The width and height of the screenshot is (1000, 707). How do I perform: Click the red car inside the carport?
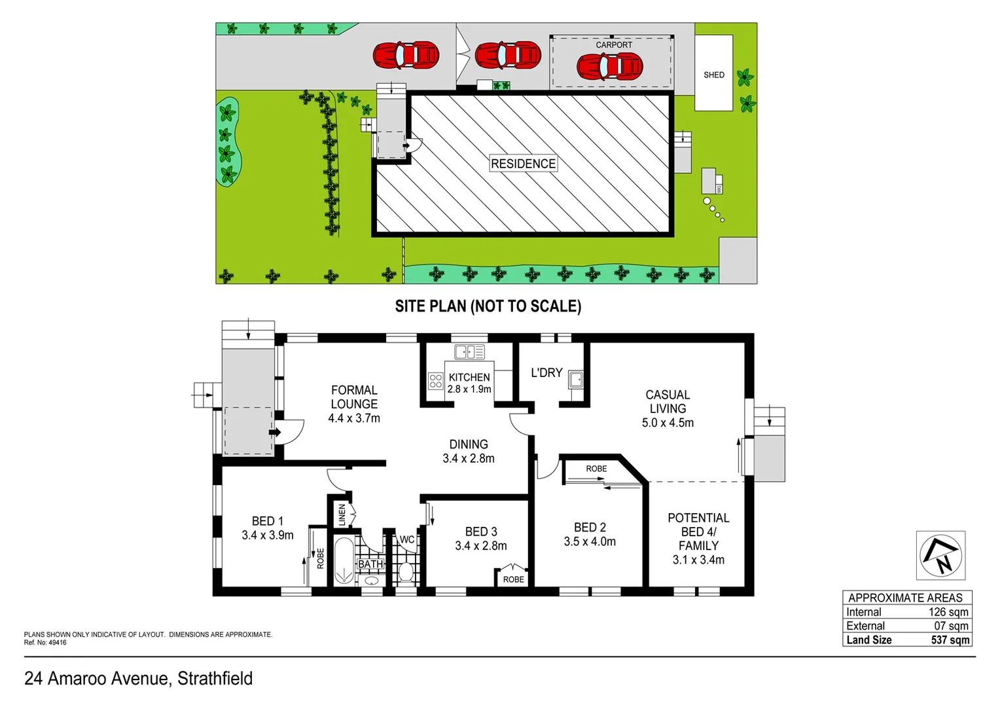coord(610,66)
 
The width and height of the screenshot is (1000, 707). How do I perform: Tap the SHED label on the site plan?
coord(713,75)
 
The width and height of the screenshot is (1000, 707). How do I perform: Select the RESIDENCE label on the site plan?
coord(523,164)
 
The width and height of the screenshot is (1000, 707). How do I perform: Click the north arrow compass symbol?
coord(940,556)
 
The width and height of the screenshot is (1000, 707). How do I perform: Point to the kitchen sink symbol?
coord(469,352)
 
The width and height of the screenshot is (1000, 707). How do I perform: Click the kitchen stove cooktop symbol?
coord(436,381)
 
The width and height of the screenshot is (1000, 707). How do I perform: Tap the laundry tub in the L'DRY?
coord(576,380)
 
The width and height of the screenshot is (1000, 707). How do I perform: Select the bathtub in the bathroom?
coord(344,561)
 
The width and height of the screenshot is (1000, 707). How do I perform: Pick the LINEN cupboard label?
coord(342,515)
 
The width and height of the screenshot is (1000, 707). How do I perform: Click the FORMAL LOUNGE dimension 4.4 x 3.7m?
coord(354,418)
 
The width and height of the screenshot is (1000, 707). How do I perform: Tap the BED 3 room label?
coord(481,532)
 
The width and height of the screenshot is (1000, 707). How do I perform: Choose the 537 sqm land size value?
coord(950,640)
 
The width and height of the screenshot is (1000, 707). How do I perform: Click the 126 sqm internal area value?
coord(948,612)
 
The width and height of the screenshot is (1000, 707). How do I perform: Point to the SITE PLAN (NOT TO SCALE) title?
coord(488,306)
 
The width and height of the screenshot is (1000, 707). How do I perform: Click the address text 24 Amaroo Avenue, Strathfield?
coord(138,679)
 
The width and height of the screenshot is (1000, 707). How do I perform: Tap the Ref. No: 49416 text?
coord(45,643)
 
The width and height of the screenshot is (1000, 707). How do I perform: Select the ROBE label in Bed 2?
coord(596,469)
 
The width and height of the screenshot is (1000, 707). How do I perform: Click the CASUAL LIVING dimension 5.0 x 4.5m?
coord(668,423)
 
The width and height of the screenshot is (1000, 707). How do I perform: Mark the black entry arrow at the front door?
coord(275,433)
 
